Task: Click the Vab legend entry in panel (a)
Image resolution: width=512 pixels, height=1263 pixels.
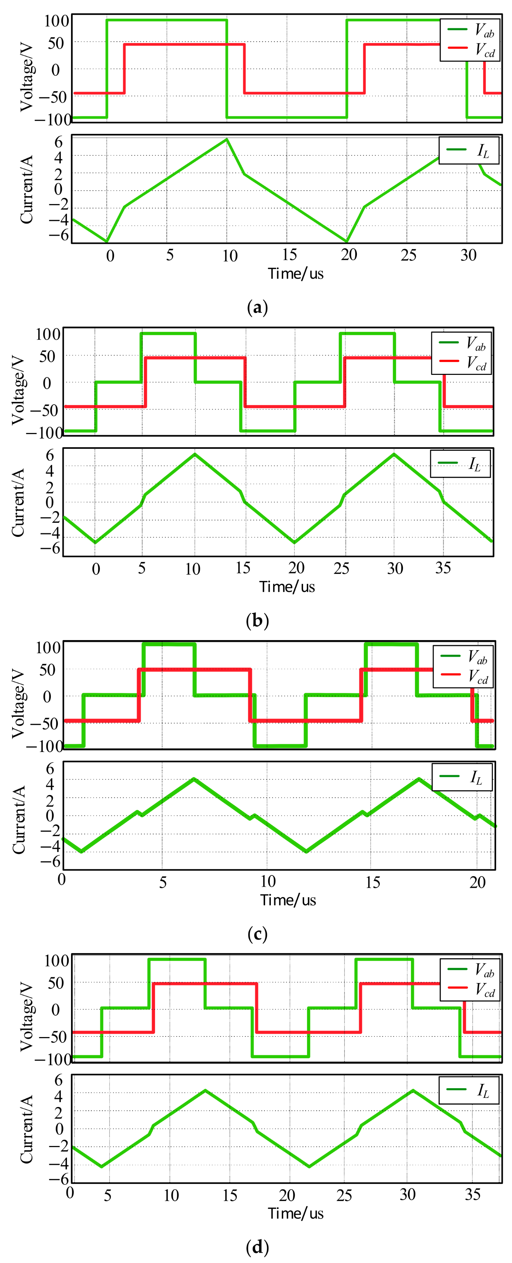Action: pos(470,30)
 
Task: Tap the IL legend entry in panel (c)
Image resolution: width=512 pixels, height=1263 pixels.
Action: pos(462,777)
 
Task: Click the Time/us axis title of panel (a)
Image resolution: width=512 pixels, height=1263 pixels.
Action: pos(296,274)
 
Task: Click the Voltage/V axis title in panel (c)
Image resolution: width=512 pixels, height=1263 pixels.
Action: pos(18,695)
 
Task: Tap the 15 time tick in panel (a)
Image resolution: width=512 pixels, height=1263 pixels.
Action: pos(289,254)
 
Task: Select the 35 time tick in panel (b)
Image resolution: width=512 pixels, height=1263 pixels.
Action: pos(443,568)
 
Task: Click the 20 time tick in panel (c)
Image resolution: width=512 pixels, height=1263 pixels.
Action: pos(477,882)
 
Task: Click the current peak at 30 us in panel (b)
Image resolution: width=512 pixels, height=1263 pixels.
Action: pos(394,454)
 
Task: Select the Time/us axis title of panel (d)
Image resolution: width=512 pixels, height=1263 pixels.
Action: pos(296,1214)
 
